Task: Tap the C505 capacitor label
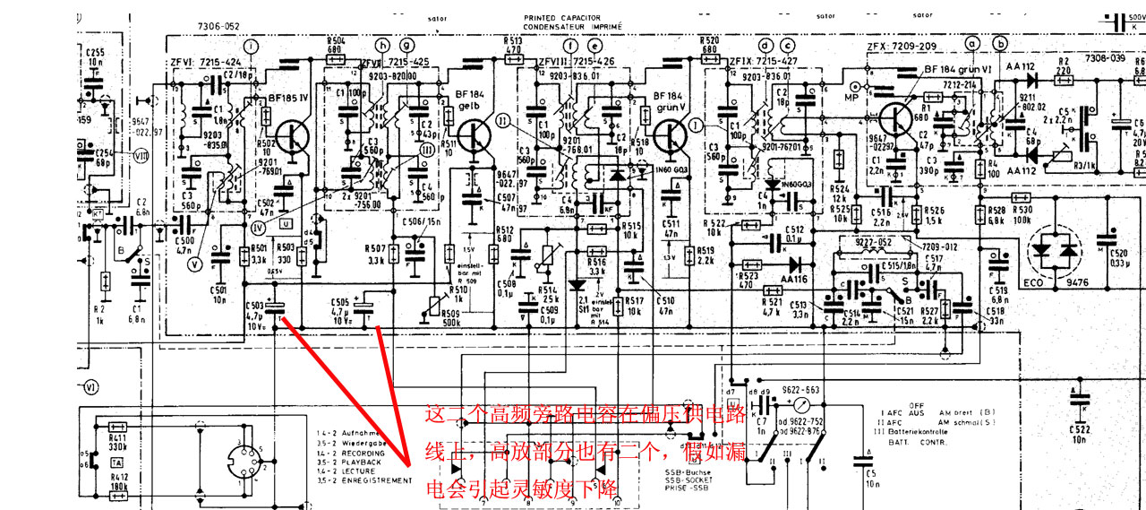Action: point(339,310)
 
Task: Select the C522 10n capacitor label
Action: point(1079,434)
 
